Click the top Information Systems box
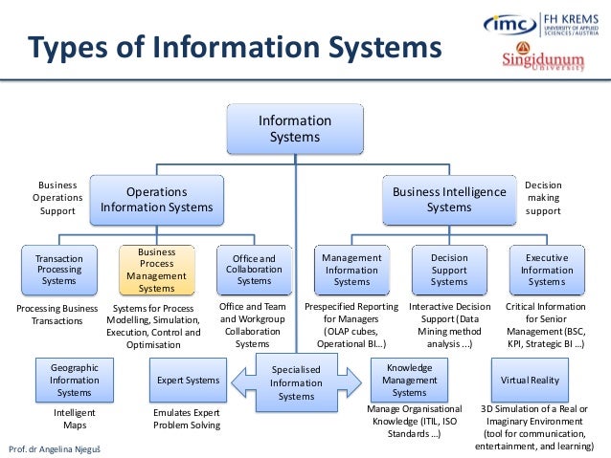click(x=295, y=128)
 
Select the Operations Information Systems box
click(x=157, y=198)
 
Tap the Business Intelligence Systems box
click(x=449, y=199)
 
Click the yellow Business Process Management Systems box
click(x=157, y=270)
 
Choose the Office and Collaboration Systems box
click(x=254, y=269)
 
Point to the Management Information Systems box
click(x=351, y=270)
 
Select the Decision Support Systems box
click(x=449, y=270)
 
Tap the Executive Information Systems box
click(x=547, y=270)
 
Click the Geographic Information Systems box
click(x=74, y=380)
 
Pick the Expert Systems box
click(x=188, y=381)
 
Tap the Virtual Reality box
click(x=530, y=380)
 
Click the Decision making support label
click(x=543, y=198)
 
